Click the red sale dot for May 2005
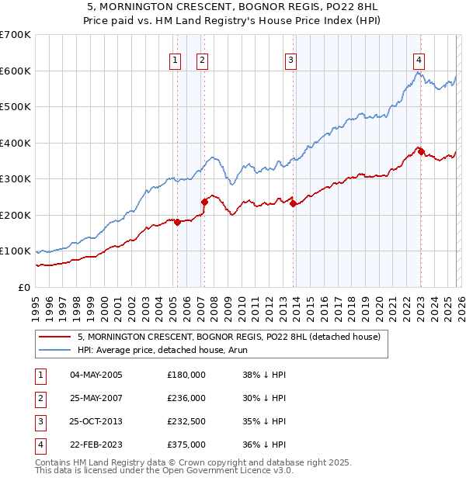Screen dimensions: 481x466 pos(177,222)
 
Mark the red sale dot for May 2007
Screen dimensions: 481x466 pos(205,202)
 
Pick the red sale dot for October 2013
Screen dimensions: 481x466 pos(294,203)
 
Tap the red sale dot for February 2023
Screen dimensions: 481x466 pos(421,152)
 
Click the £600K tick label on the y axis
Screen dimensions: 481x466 pos(16,71)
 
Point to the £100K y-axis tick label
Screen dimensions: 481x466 pos(16,251)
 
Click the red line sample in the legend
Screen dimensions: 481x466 pos(56,337)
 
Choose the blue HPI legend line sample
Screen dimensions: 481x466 pos(56,350)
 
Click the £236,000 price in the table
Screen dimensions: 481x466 pos(186,398)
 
